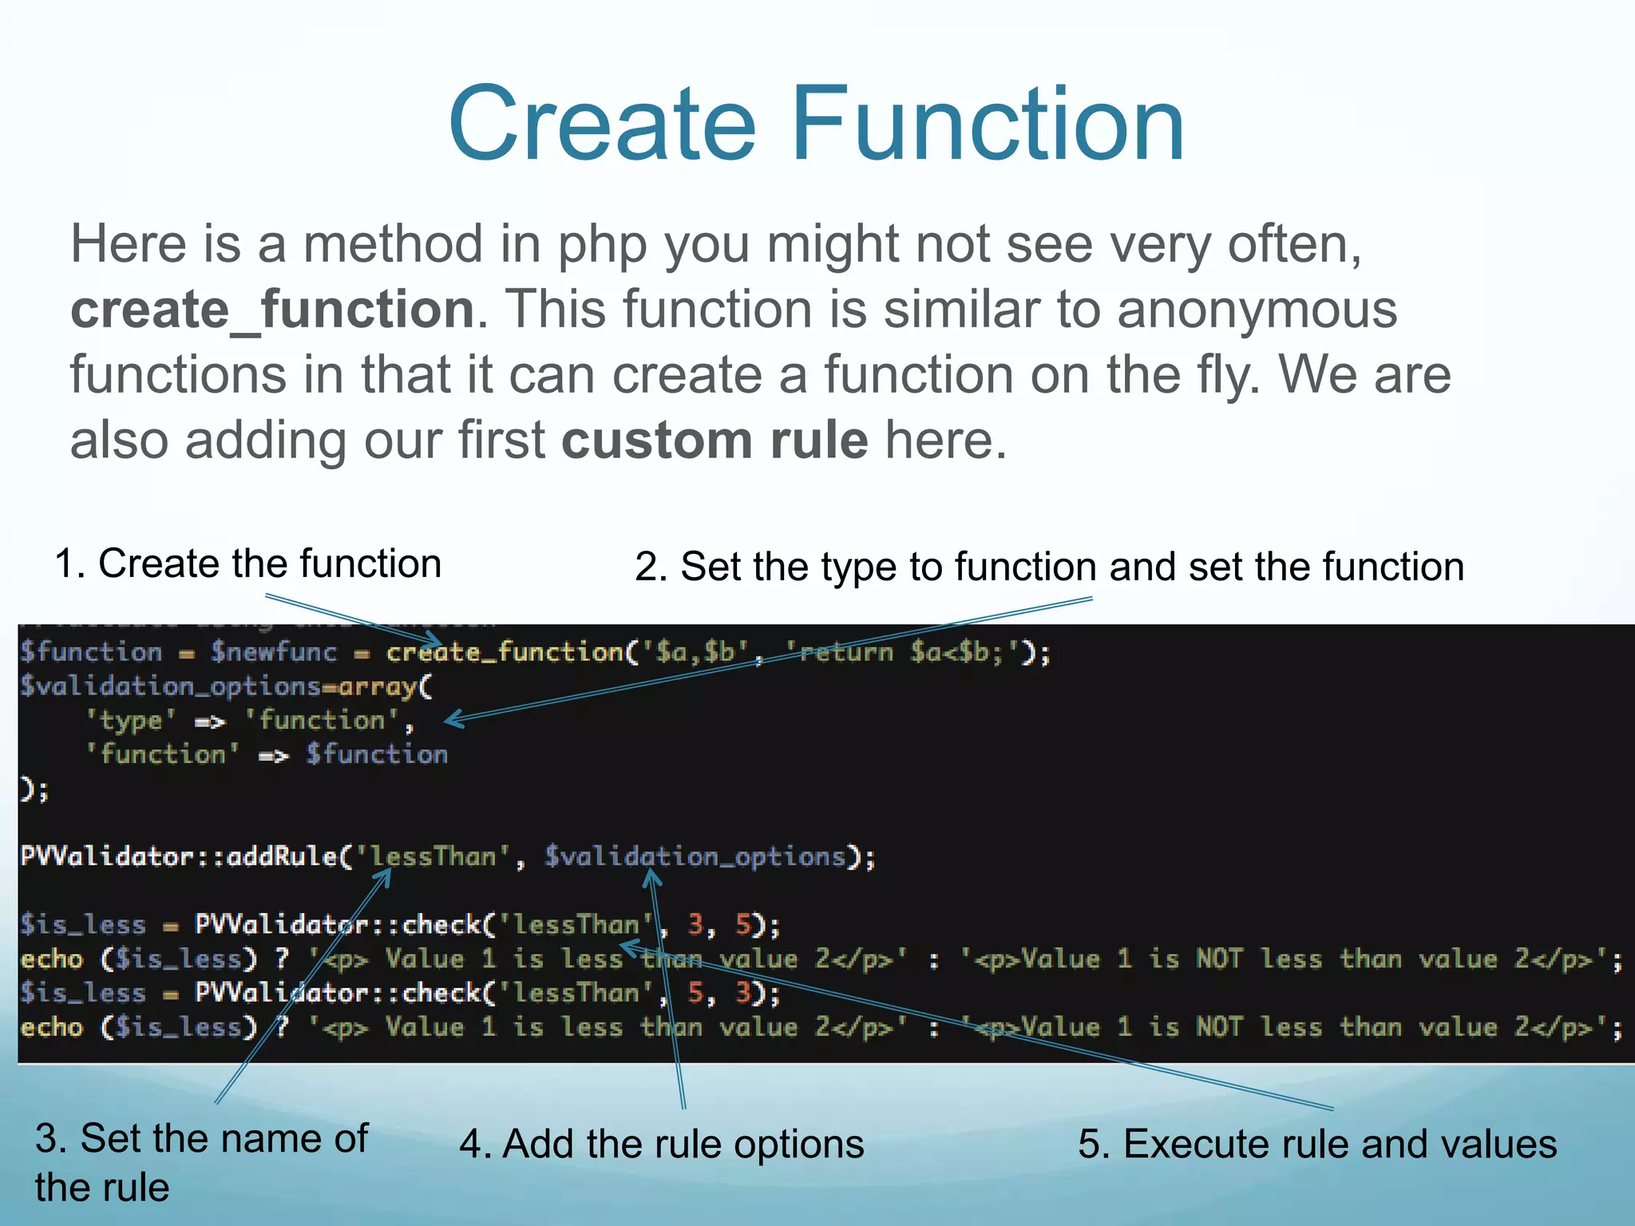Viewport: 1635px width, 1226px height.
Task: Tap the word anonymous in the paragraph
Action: coord(1257,309)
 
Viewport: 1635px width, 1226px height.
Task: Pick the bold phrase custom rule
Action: coord(715,440)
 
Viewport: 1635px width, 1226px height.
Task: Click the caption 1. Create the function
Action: coord(247,564)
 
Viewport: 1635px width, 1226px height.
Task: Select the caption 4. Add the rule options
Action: coord(661,1144)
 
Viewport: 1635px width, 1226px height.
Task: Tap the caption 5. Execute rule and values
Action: coord(1317,1144)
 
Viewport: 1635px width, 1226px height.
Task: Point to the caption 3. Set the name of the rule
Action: coord(201,1161)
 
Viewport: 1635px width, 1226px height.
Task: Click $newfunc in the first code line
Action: coord(274,652)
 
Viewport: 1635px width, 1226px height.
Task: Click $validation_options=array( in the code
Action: coord(226,686)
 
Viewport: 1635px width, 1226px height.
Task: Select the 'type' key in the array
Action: coord(130,721)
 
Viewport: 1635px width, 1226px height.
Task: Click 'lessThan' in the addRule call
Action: coord(431,856)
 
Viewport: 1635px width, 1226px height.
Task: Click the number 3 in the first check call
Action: coord(695,924)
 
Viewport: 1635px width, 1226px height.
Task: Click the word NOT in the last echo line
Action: coord(1219,1027)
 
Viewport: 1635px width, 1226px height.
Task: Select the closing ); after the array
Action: coord(34,790)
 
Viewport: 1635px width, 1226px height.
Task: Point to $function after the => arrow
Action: coord(377,755)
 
